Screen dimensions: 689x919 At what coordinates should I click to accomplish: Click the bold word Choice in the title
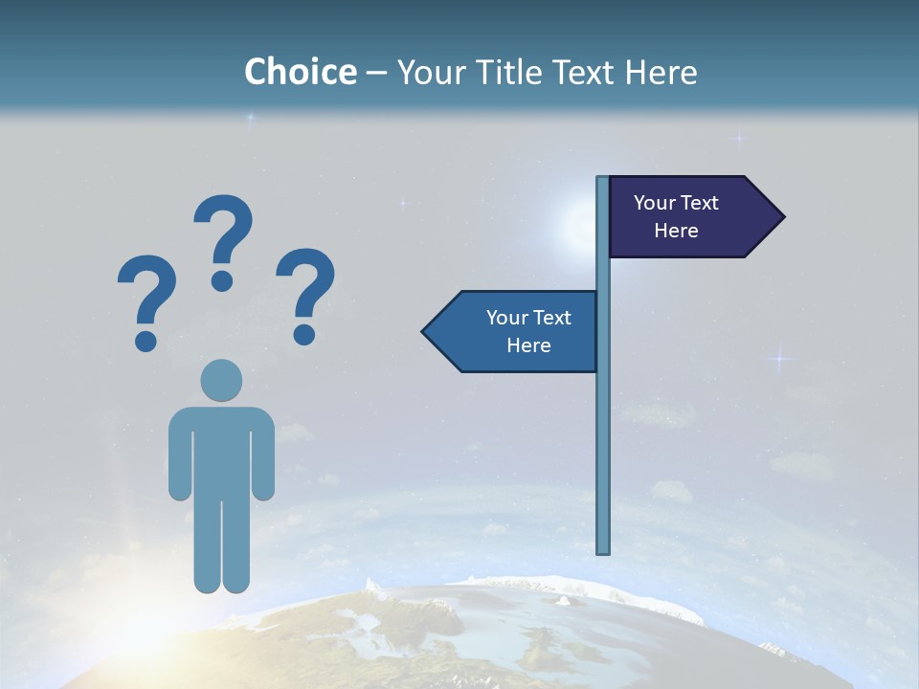[300, 72]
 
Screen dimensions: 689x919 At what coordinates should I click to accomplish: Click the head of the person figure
[221, 380]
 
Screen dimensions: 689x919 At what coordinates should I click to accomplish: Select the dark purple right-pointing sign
[684, 216]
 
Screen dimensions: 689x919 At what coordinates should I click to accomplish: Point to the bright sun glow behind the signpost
[580, 226]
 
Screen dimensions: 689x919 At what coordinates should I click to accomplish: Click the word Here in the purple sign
[676, 231]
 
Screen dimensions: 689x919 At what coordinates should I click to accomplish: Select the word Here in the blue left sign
[528, 345]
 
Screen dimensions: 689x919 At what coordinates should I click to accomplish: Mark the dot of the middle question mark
[223, 279]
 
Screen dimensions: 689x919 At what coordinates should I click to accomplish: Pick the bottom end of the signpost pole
[603, 550]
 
